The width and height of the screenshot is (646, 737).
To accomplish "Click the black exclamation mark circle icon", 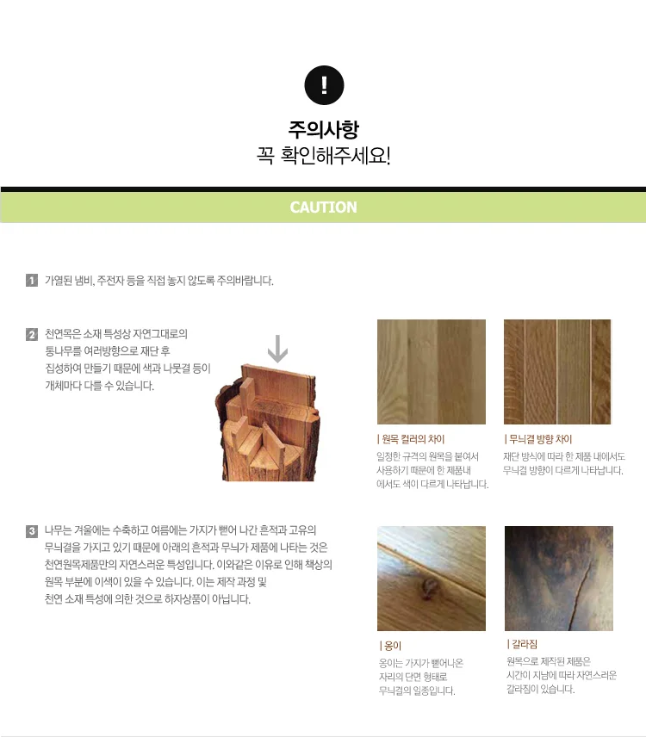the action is tap(324, 85).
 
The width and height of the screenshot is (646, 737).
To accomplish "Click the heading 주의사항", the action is tap(324, 130).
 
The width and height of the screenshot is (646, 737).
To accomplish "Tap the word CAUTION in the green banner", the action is tap(324, 207).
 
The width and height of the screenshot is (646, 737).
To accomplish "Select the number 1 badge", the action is tap(32, 281).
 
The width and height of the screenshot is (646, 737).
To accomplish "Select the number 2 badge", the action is tap(32, 335).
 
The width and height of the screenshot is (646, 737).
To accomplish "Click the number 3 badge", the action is tap(32, 531).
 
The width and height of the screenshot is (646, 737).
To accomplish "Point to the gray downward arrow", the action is tap(277, 349).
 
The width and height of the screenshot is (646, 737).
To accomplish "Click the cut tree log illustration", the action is tap(268, 422).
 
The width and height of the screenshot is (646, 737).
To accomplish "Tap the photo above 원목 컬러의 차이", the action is tap(432, 372).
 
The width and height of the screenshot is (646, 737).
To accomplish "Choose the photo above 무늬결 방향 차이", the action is tap(557, 372).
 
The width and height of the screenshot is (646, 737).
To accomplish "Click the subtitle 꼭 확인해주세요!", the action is tap(324, 155).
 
